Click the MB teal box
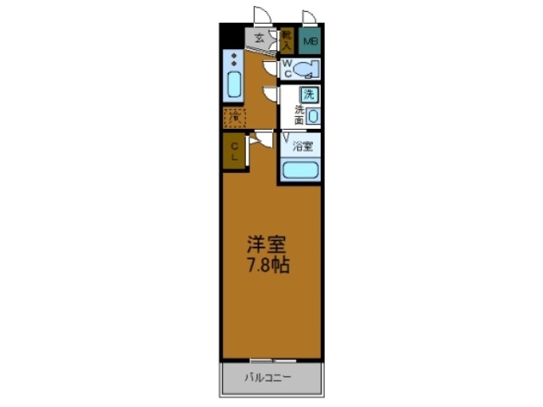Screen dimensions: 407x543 pyautogui.click(x=311, y=39)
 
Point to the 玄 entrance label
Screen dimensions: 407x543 pyautogui.click(x=260, y=37)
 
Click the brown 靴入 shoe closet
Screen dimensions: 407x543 pyautogui.click(x=288, y=38)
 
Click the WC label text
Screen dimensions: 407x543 pyautogui.click(x=288, y=68)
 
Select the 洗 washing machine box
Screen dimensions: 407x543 pyautogui.click(x=311, y=95)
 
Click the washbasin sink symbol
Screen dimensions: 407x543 pyautogui.click(x=313, y=115)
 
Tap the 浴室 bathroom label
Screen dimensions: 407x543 pyautogui.click(x=302, y=146)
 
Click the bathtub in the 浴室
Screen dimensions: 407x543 pyautogui.click(x=300, y=170)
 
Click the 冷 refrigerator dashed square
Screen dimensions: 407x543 pyautogui.click(x=234, y=118)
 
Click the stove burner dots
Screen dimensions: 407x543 pyautogui.click(x=234, y=60)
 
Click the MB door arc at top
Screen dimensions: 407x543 pyautogui.click(x=309, y=16)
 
